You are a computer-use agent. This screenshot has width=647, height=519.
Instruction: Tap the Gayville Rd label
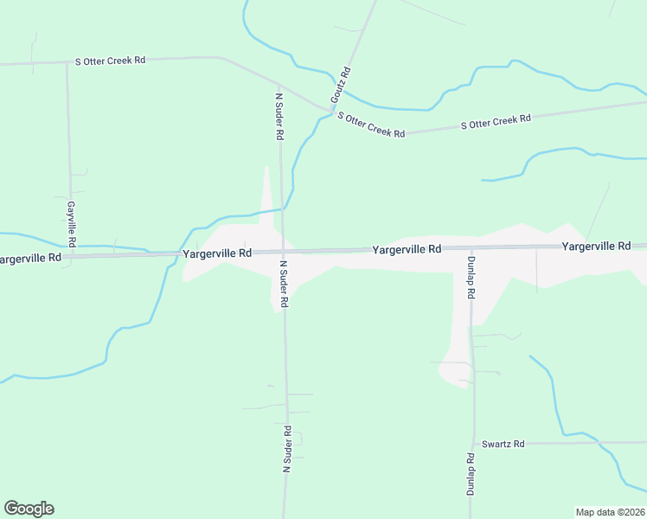click(x=72, y=223)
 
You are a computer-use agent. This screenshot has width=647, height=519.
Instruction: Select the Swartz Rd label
click(x=503, y=444)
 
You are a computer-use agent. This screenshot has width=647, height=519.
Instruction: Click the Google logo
click(x=29, y=509)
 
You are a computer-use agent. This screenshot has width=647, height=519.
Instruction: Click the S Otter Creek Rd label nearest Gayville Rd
click(x=111, y=61)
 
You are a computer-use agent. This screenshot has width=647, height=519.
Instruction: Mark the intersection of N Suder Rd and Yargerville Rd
click(x=282, y=252)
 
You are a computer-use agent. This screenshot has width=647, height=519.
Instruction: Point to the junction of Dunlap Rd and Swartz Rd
click(x=472, y=444)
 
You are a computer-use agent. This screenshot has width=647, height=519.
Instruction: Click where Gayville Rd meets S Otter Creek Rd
click(x=67, y=62)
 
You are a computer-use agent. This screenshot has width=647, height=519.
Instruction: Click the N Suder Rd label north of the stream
click(x=279, y=116)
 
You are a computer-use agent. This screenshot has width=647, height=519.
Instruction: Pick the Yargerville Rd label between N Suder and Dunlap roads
click(x=407, y=249)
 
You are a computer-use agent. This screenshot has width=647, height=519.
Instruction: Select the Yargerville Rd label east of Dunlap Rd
click(x=596, y=247)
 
